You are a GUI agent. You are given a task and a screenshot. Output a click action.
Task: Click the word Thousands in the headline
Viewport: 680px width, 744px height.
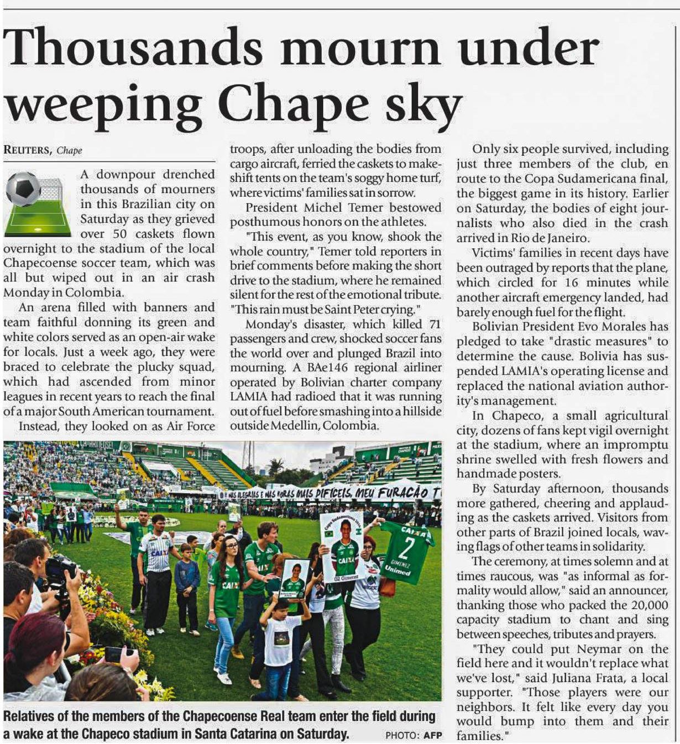pyautogui.click(x=133, y=46)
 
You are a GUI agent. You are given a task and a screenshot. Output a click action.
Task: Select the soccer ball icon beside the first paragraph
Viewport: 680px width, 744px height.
pyautogui.click(x=23, y=189)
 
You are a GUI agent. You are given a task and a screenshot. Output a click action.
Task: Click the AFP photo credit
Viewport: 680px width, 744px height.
pyautogui.click(x=433, y=735)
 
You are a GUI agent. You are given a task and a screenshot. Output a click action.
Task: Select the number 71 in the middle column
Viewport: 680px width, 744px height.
pyautogui.click(x=435, y=324)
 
